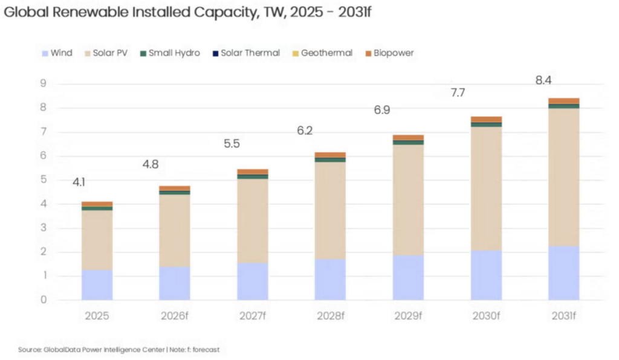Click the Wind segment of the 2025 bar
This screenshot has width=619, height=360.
pos(97,284)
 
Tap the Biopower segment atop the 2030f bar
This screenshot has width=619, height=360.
pos(486,119)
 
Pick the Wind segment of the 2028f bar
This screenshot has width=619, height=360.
pos(330,279)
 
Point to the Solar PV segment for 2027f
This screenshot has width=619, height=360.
pos(252,220)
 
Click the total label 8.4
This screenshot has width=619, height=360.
pos(543,80)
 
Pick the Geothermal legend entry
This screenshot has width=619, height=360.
pos(324,53)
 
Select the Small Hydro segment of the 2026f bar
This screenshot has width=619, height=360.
pos(175,193)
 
